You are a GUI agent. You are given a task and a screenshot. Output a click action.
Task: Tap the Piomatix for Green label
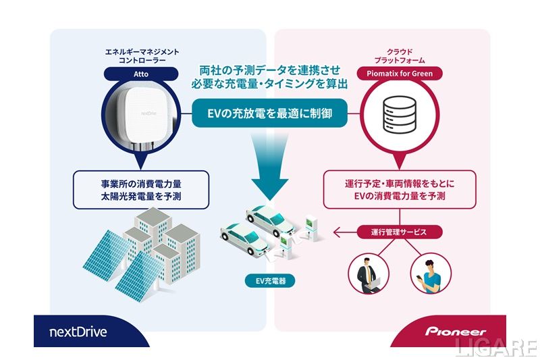402,73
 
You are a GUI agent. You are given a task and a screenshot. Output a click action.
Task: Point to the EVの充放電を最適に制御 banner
269,113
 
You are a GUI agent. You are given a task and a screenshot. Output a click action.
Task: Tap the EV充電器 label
269,280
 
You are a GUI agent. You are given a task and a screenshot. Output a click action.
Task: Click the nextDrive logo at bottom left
78,332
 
